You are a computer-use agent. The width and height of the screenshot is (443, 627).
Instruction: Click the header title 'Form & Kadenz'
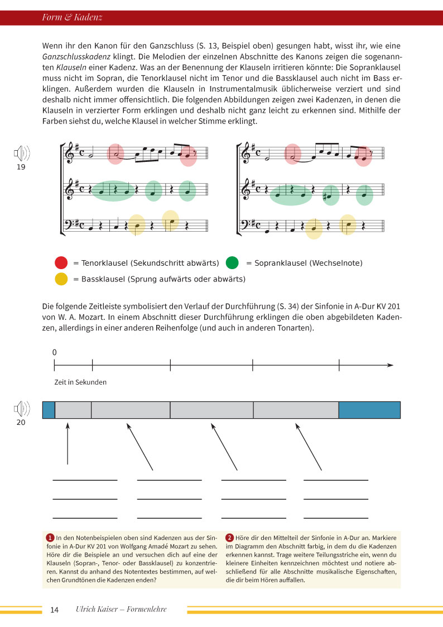click(x=72, y=18)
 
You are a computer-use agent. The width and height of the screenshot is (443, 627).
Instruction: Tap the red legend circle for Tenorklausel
click(x=61, y=262)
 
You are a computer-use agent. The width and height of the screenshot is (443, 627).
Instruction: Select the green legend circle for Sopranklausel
click(x=232, y=262)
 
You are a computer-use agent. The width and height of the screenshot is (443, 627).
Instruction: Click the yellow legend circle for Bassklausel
click(x=61, y=278)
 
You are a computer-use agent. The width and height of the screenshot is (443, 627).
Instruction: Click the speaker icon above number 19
click(x=22, y=153)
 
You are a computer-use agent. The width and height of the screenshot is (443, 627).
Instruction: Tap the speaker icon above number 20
click(x=22, y=410)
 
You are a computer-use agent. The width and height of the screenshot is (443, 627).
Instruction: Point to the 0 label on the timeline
click(x=55, y=352)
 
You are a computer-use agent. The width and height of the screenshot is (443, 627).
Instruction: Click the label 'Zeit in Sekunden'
click(x=80, y=382)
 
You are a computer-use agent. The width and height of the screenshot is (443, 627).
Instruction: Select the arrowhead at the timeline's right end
click(x=391, y=365)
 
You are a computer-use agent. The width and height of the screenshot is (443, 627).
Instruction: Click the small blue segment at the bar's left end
click(x=49, y=410)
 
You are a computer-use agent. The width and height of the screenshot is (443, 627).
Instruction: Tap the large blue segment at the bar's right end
click(x=369, y=410)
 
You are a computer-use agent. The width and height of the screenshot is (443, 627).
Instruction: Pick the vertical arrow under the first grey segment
click(x=68, y=444)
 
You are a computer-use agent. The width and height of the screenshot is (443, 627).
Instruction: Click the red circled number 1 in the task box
click(x=50, y=537)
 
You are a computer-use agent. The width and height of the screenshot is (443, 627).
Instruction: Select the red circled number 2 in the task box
click(x=229, y=537)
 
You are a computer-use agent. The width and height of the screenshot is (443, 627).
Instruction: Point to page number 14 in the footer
click(x=54, y=610)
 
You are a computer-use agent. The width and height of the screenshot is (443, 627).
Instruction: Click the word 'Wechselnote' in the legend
click(x=339, y=262)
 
